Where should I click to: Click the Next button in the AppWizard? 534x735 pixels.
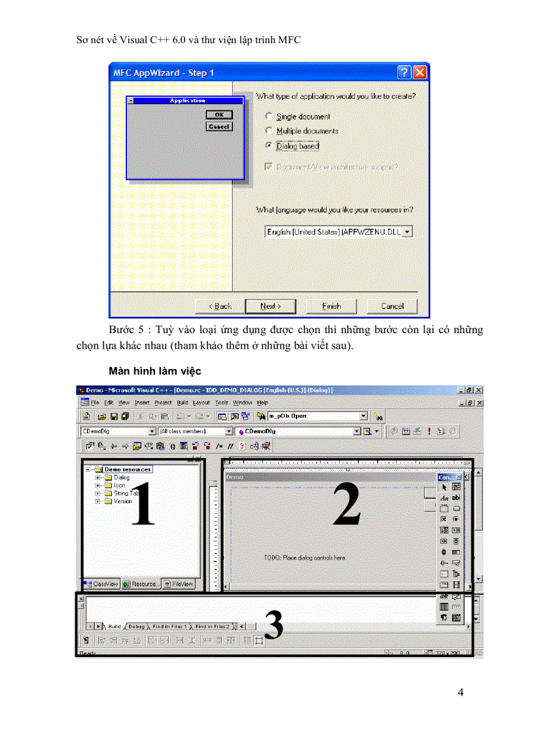pyautogui.click(x=270, y=306)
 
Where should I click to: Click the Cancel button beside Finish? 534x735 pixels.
pyautogui.click(x=392, y=306)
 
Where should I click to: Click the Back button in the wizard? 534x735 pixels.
pyautogui.click(x=220, y=306)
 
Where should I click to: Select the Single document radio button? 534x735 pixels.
pyautogui.click(x=269, y=117)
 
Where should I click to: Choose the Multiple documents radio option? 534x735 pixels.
pyautogui.click(x=269, y=131)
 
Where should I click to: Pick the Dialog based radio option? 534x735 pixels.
pyautogui.click(x=269, y=146)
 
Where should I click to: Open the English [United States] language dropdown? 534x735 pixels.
pyautogui.click(x=407, y=232)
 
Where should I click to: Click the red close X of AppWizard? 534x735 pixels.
pyautogui.click(x=419, y=73)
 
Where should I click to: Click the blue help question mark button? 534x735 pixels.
pyautogui.click(x=404, y=73)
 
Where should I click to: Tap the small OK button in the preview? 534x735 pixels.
pyautogui.click(x=219, y=115)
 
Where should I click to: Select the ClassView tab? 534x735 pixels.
pyautogui.click(x=101, y=584)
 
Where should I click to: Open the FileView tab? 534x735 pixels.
pyautogui.click(x=179, y=584)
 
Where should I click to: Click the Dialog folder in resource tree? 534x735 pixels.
pyautogui.click(x=121, y=478)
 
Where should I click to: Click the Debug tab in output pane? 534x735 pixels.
pyautogui.click(x=137, y=626)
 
